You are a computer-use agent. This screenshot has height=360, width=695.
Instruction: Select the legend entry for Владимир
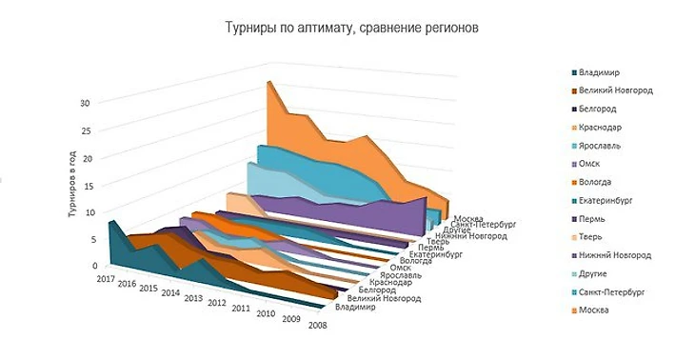click(x=605, y=72)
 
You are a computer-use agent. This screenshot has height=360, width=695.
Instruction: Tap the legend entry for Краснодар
click(x=606, y=128)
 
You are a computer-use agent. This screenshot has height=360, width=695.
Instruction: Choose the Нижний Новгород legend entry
click(x=620, y=255)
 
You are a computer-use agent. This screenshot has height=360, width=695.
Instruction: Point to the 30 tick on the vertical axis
click(x=85, y=104)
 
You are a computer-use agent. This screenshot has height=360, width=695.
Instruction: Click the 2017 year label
click(x=106, y=279)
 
